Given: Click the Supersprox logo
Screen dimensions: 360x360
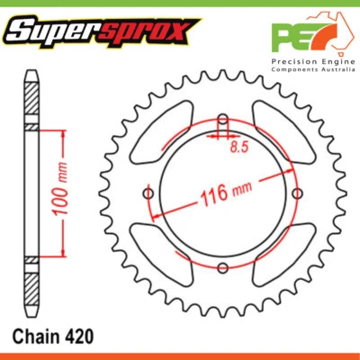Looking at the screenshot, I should click(100, 32).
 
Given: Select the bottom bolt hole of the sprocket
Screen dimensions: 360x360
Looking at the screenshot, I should click(222, 267).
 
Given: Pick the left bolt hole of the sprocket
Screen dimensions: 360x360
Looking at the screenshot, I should click(148, 193).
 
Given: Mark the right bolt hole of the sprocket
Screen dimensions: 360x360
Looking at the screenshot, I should click(297, 193).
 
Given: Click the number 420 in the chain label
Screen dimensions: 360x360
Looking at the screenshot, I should click(76, 336).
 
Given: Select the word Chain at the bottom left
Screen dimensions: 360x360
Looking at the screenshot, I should click(35, 336).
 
